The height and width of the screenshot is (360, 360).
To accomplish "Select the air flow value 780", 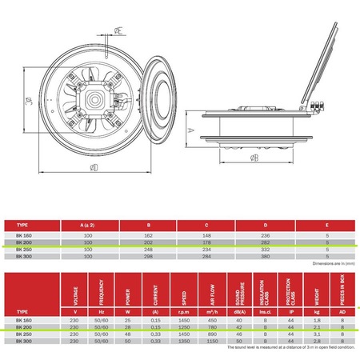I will click(214, 326).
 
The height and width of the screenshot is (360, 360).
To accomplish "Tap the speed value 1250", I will click(184, 326).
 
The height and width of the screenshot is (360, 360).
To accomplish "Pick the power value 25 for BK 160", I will click(126, 318).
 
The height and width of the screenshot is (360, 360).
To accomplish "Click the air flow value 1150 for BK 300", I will click(214, 341).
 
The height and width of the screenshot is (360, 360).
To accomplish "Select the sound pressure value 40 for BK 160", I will click(239, 318).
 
